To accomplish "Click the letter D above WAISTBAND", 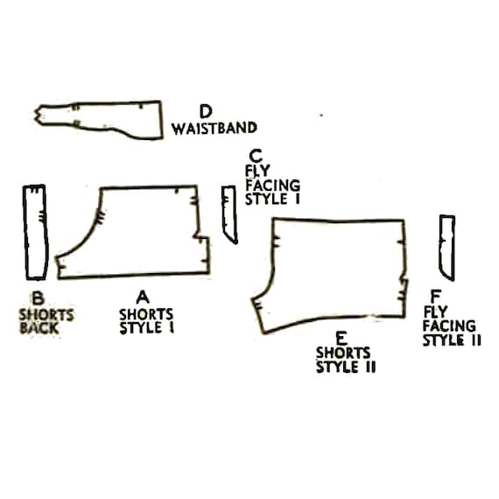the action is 206,111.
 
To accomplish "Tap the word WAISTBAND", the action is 214,128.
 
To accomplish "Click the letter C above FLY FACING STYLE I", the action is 256,156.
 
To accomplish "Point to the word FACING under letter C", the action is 273,186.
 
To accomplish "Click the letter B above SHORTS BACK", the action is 39,299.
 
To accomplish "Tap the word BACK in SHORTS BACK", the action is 39,328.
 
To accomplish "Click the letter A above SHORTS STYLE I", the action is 143,298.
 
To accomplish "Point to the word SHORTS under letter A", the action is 146,314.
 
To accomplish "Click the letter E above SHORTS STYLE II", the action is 341,338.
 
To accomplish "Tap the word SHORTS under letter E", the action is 343,353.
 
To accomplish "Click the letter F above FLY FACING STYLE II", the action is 435,297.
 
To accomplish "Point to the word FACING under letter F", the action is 449,326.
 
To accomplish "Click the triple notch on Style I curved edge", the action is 101,217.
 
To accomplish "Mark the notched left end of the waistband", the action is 39,115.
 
